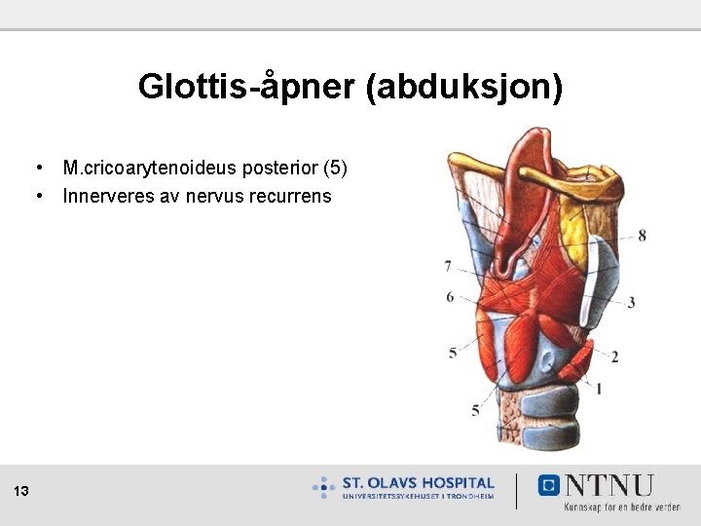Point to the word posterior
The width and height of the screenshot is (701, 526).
[275, 169]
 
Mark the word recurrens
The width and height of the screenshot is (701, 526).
[293, 196]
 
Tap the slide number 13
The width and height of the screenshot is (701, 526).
[22, 492]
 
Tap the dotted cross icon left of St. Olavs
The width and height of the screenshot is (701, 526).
[324, 487]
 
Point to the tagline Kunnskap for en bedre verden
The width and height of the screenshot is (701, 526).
[621, 507]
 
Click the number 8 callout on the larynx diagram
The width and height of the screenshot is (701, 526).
[642, 235]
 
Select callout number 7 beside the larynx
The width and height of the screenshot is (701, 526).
[447, 266]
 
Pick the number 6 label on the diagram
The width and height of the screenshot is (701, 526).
[450, 296]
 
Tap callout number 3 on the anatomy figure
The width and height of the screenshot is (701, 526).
[631, 303]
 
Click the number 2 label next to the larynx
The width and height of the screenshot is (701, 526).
[614, 357]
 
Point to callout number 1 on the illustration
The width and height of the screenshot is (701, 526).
[598, 388]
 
